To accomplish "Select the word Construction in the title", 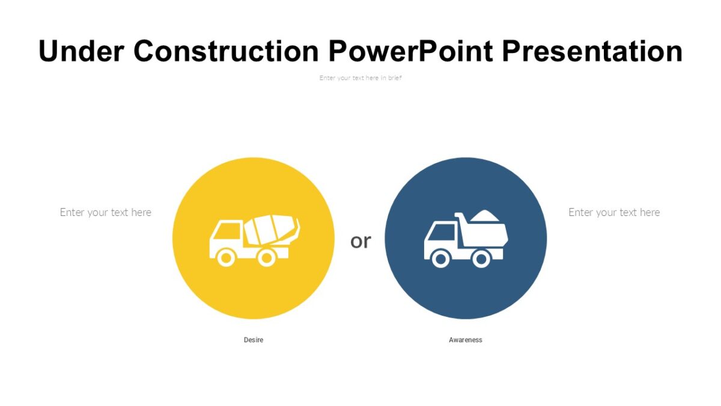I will point(227,51).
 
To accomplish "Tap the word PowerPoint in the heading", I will point(411,51).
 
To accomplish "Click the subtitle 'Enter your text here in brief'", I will point(360,78).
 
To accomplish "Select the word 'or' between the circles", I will point(360,241).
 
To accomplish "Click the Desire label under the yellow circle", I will point(254,340).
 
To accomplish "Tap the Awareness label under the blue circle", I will point(466,340).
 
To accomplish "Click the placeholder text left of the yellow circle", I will point(106,212).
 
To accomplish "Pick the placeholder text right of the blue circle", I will point(614,212).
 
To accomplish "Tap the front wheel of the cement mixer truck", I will point(226,258).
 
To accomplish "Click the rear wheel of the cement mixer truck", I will point(266,258).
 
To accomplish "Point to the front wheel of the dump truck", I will point(440,259).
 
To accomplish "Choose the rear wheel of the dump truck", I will point(481,259).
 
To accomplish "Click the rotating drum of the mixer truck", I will point(272,229).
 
